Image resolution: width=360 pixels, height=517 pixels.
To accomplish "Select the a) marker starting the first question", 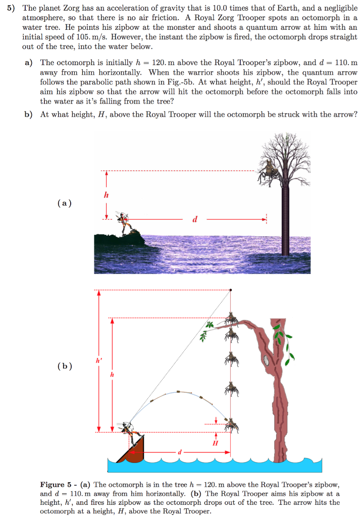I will coord(29,63).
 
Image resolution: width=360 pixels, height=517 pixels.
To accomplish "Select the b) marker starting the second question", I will coord(29,114).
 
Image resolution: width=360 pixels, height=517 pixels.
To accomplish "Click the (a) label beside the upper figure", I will coord(65,203).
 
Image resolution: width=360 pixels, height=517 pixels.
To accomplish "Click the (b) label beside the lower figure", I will coord(65,366).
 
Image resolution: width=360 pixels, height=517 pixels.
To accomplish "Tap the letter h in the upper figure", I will coord(107,195).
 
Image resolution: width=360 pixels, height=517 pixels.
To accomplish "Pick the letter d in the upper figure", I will coord(195,219).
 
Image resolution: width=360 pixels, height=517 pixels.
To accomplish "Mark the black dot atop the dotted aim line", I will coord(231,290).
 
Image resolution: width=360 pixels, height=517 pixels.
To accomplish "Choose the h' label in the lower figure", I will coord(99,360).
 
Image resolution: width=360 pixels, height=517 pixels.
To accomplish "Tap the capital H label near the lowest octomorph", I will coord(216,443).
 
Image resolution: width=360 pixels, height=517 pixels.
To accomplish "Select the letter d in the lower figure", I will coord(178,452).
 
